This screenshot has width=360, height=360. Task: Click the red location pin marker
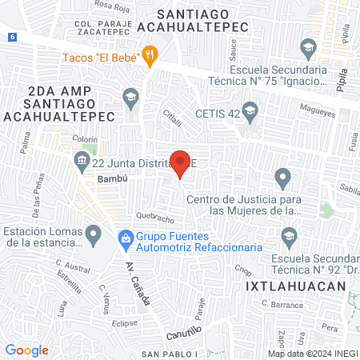pos(181,162)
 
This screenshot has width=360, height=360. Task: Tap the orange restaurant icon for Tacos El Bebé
pos(150,55)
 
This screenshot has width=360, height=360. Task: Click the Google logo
pos(26,350)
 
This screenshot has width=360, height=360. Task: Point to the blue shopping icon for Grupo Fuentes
pos(125,237)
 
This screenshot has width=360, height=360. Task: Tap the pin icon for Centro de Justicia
pos(282,177)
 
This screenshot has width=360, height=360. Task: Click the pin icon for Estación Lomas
pos(94,235)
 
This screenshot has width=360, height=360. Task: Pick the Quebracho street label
pos(155,218)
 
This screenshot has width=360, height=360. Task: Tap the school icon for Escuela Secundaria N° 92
pos(290,235)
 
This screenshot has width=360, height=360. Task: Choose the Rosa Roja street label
pos(113,5)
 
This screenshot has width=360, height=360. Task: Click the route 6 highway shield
pos(13,37)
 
